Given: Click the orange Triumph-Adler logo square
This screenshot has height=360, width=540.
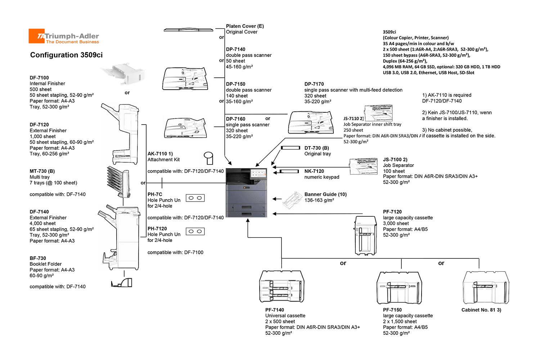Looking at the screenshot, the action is pyautogui.click(x=36, y=36).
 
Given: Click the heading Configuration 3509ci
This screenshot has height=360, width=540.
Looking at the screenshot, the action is pyautogui.click(x=66, y=55).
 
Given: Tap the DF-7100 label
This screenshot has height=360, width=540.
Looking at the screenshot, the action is pyautogui.click(x=39, y=78).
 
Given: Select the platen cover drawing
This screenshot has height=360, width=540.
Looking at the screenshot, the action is pyautogui.click(x=188, y=30).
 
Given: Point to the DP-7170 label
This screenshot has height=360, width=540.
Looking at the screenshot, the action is pyautogui.click(x=314, y=84).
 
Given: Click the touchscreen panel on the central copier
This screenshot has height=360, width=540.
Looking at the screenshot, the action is pyautogui.click(x=258, y=174).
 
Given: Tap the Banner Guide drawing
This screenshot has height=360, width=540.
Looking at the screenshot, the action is pyautogui.click(x=292, y=200).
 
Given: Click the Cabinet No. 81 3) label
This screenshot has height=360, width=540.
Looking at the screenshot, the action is pyautogui.click(x=481, y=310).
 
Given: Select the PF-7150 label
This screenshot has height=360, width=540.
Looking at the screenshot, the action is pyautogui.click(x=392, y=310).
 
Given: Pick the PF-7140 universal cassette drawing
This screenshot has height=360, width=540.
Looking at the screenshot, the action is pyautogui.click(x=282, y=286).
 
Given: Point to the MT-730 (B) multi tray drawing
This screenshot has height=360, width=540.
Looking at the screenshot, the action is pyautogui.click(x=118, y=181).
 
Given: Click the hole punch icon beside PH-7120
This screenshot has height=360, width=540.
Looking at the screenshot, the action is pyautogui.click(x=195, y=231).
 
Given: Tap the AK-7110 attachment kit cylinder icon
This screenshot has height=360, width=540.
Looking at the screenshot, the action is pyautogui.click(x=208, y=158).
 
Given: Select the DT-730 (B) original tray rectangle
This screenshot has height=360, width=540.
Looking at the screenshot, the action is pyautogui.click(x=291, y=148).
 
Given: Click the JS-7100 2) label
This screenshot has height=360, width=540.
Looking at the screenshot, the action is pyautogui.click(x=395, y=159).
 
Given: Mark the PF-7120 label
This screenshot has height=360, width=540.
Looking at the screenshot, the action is pyautogui.click(x=392, y=212).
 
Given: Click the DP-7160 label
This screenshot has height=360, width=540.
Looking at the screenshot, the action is pyautogui.click(x=235, y=119).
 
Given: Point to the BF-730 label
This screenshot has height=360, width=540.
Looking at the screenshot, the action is pyautogui.click(x=38, y=258).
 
